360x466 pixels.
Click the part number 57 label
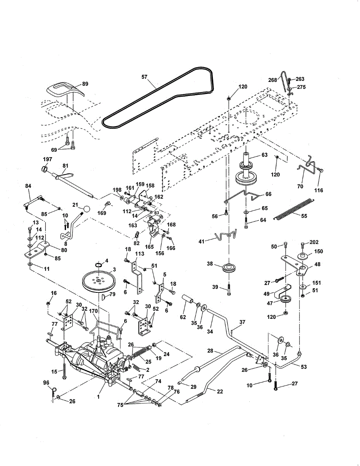click(144, 77)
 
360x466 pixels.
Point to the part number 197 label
click(47, 159)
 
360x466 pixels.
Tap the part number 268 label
click(272, 80)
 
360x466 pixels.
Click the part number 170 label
click(93, 311)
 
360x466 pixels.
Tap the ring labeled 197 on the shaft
click(44, 169)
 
